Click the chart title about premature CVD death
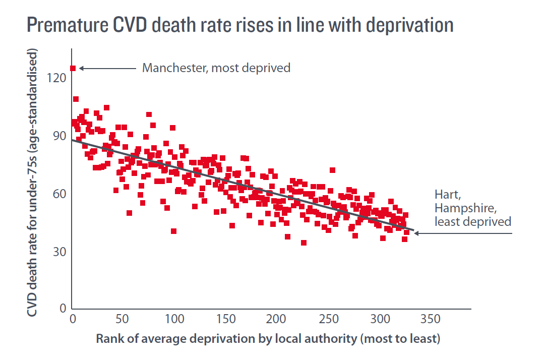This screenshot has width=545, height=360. (x=239, y=25)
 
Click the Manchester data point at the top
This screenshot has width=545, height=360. (x=73, y=68)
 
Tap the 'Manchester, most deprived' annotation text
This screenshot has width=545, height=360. (x=216, y=68)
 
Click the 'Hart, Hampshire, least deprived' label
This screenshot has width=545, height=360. (x=473, y=207)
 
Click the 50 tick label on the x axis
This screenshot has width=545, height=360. (x=123, y=320)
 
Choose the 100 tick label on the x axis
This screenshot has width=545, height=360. (x=174, y=320)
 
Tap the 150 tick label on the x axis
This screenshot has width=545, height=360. (x=225, y=320)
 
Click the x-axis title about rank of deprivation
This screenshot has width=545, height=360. (x=268, y=338)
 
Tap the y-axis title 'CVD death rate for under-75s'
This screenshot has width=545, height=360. (x=33, y=184)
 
